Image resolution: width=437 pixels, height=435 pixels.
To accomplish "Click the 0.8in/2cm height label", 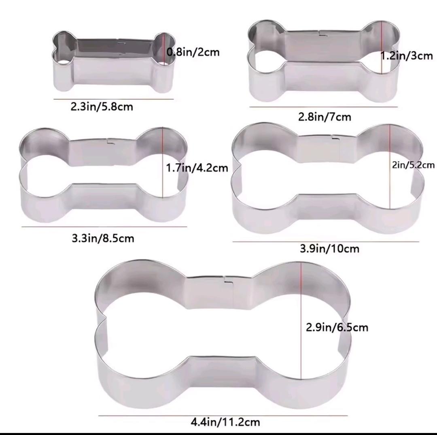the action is [193, 52].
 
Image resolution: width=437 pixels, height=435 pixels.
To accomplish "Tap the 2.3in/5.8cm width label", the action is [102, 107].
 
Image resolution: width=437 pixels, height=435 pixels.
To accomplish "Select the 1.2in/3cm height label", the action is [407, 56].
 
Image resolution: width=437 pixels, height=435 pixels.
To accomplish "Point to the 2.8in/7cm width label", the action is [325, 117].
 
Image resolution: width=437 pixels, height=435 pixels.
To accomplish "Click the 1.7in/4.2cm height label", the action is [197, 168].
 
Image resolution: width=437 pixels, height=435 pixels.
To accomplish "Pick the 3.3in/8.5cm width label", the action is [103, 238].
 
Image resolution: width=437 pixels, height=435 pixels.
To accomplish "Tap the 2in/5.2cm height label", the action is [413, 165].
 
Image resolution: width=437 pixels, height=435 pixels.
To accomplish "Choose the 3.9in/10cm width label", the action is [329, 248].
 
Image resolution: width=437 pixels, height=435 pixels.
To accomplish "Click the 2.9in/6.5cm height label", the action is [337, 327].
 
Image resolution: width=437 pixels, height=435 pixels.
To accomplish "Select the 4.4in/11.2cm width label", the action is [225, 422].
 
